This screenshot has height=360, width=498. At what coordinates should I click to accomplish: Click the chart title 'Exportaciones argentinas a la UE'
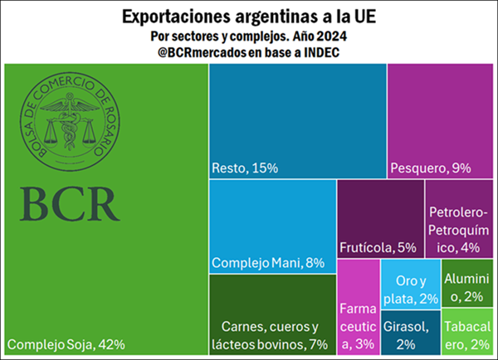click(248, 16)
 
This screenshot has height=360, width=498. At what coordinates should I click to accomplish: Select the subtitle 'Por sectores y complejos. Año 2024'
click(248, 36)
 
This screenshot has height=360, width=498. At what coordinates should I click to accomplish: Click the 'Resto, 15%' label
click(245, 168)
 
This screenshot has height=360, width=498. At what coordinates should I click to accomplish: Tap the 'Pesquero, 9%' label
click(430, 168)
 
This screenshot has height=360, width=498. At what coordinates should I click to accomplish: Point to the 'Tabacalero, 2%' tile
click(468, 333)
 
